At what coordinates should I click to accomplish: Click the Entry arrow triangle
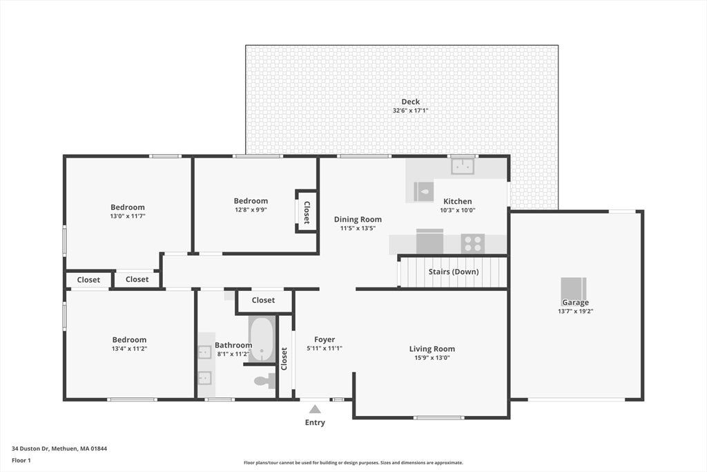click(315, 409)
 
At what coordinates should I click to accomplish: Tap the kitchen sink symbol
click(463, 167)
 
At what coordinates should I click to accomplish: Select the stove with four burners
click(473, 244)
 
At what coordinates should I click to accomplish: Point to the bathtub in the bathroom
click(262, 339)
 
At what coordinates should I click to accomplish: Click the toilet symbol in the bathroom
click(265, 381)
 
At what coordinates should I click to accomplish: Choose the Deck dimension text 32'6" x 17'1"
click(410, 111)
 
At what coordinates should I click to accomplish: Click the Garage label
click(575, 302)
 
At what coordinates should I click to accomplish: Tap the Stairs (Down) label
click(454, 272)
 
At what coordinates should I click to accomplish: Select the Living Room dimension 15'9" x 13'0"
click(432, 358)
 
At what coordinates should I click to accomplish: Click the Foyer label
click(325, 339)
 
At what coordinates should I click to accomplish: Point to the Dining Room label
click(358, 219)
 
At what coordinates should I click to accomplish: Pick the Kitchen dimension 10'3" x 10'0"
click(458, 210)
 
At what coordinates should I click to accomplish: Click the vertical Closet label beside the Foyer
click(284, 359)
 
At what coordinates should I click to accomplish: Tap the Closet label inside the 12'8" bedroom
click(307, 213)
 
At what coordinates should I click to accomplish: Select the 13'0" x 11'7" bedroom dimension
click(128, 216)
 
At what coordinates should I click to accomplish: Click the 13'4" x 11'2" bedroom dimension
click(129, 348)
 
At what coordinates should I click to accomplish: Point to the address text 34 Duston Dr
click(30, 449)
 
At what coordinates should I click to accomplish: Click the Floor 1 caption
click(21, 460)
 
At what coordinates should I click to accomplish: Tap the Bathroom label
click(233, 346)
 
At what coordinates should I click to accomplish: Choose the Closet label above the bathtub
click(263, 300)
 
